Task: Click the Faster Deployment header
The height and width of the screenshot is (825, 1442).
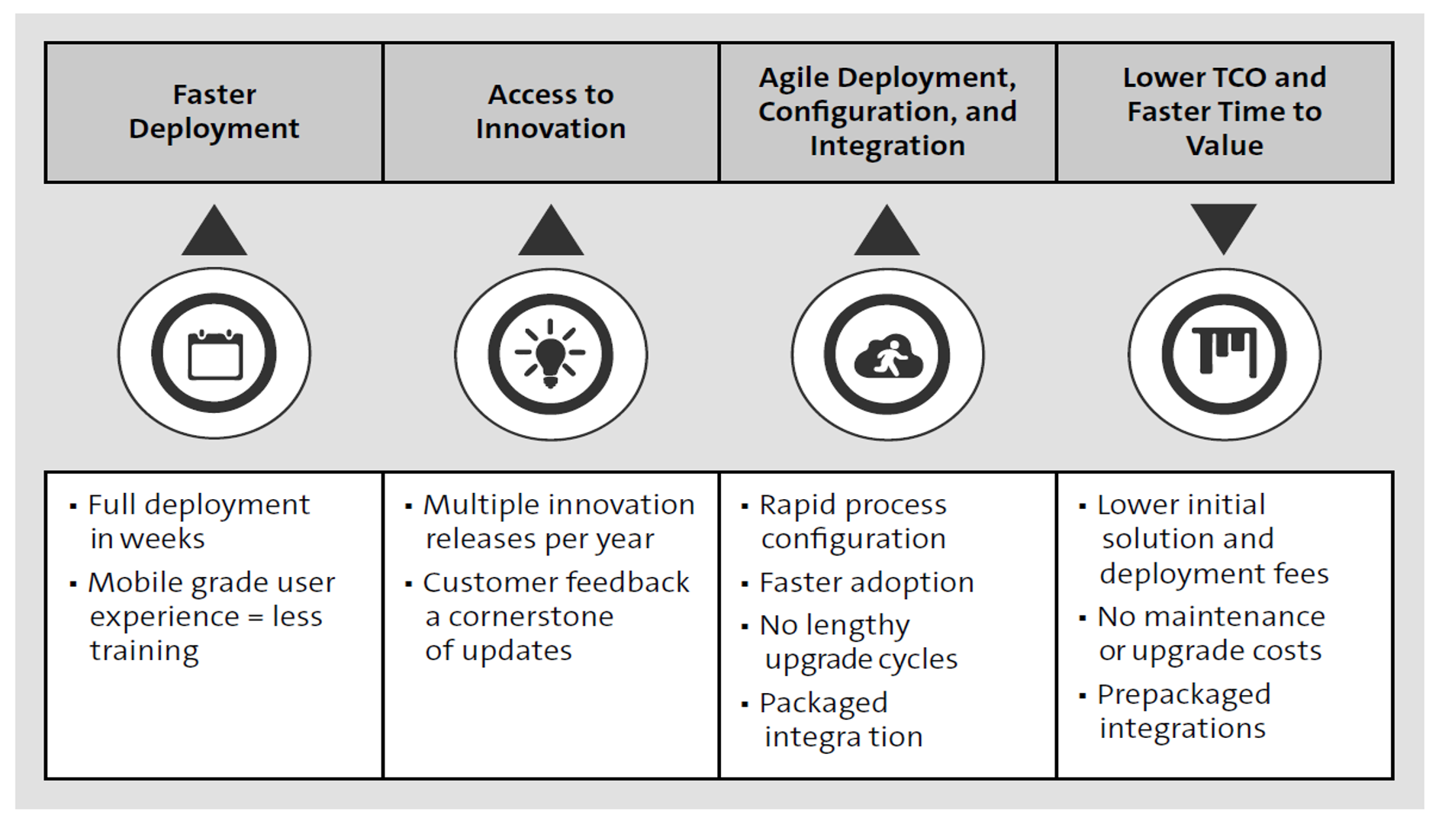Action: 214,111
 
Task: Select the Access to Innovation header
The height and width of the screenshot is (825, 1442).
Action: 550,111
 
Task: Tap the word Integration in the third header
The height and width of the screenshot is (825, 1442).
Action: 887,145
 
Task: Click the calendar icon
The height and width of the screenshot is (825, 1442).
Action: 214,354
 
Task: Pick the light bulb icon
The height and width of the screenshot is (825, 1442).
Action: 550,355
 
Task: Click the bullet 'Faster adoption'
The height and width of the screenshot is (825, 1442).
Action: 866,582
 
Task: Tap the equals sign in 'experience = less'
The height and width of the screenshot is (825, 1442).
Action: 256,617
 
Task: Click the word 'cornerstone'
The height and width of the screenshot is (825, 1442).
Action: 530,617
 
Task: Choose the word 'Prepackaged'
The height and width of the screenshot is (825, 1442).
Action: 1183,694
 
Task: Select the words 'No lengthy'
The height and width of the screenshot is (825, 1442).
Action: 834,625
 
